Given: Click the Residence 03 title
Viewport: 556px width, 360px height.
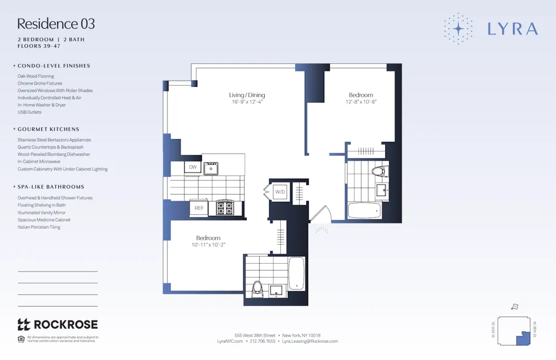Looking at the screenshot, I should point(56,24).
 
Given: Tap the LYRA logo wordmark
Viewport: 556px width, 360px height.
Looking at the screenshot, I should point(512,29).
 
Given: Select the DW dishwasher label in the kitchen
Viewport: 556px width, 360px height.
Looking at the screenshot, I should point(193,167).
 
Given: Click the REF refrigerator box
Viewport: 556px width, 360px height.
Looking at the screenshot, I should point(198,208).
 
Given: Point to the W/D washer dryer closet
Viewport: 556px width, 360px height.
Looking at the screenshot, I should point(280,192).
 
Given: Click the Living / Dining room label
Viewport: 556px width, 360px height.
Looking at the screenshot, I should point(247,95).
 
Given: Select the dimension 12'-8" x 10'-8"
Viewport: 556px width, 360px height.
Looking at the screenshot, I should point(361,102).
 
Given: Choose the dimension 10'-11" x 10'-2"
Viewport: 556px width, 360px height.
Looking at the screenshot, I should point(208,245).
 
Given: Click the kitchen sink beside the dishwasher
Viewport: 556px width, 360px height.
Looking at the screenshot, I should point(211,167).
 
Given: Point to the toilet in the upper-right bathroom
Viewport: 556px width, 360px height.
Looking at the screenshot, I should point(379,171).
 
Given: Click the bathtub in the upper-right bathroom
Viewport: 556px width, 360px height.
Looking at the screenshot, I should point(364,210).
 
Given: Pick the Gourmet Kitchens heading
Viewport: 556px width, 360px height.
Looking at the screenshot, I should point(48,129).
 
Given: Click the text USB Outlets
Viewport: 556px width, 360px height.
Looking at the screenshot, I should point(29,112).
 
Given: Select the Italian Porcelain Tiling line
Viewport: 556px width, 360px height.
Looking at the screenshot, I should point(39,227).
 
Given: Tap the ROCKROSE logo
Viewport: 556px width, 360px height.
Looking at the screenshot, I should point(58,324).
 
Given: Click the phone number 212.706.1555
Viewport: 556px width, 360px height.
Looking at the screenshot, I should point(262,341).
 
